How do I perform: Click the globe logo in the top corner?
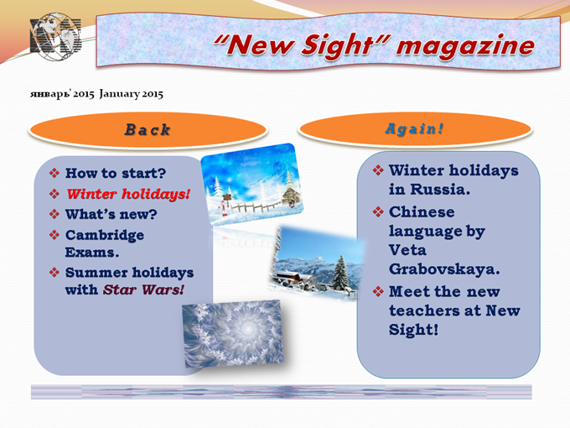tap(55, 37)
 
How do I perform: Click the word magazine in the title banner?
tap(466, 46)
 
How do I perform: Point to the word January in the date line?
tap(119, 94)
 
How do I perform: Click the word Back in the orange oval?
tap(148, 130)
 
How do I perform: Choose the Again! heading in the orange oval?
tap(414, 129)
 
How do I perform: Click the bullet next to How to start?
tap(54, 173)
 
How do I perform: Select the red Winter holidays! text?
tap(128, 194)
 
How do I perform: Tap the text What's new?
tap(111, 214)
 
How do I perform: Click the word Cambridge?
tap(105, 236)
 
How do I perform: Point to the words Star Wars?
tap(143, 290)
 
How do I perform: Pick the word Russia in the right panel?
tap(440, 190)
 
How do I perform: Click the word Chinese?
tap(422, 211)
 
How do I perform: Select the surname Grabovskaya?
tap(444, 269)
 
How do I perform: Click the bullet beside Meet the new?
tap(378, 291)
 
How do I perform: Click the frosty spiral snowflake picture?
tap(233, 333)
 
